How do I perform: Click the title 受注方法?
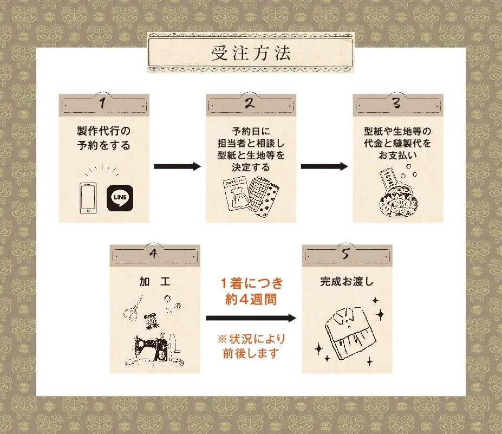pyautogui.click(x=251, y=53)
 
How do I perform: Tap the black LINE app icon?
pyautogui.click(x=120, y=198)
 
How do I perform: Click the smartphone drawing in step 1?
pyautogui.click(x=88, y=198)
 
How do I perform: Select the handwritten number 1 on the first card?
pyautogui.click(x=102, y=103)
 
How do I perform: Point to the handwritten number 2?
pyautogui.click(x=250, y=103)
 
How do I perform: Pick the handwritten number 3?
pyautogui.click(x=396, y=103)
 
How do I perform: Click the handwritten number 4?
pyautogui.click(x=153, y=254)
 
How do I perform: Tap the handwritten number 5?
pyautogui.click(x=345, y=254)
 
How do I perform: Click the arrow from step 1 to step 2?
pyautogui.click(x=178, y=166)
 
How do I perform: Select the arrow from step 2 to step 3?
pyautogui.click(x=324, y=166)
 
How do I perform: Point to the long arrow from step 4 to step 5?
pyautogui.click(x=251, y=318)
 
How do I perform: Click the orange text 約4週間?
pyautogui.click(x=251, y=300)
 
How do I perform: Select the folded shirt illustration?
pyautogui.click(x=350, y=333)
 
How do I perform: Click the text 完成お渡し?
pyautogui.click(x=347, y=282)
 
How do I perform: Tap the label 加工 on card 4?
pyautogui.click(x=155, y=282)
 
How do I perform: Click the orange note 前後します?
pyautogui.click(x=251, y=353)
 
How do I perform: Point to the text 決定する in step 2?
pyautogui.click(x=251, y=167)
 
